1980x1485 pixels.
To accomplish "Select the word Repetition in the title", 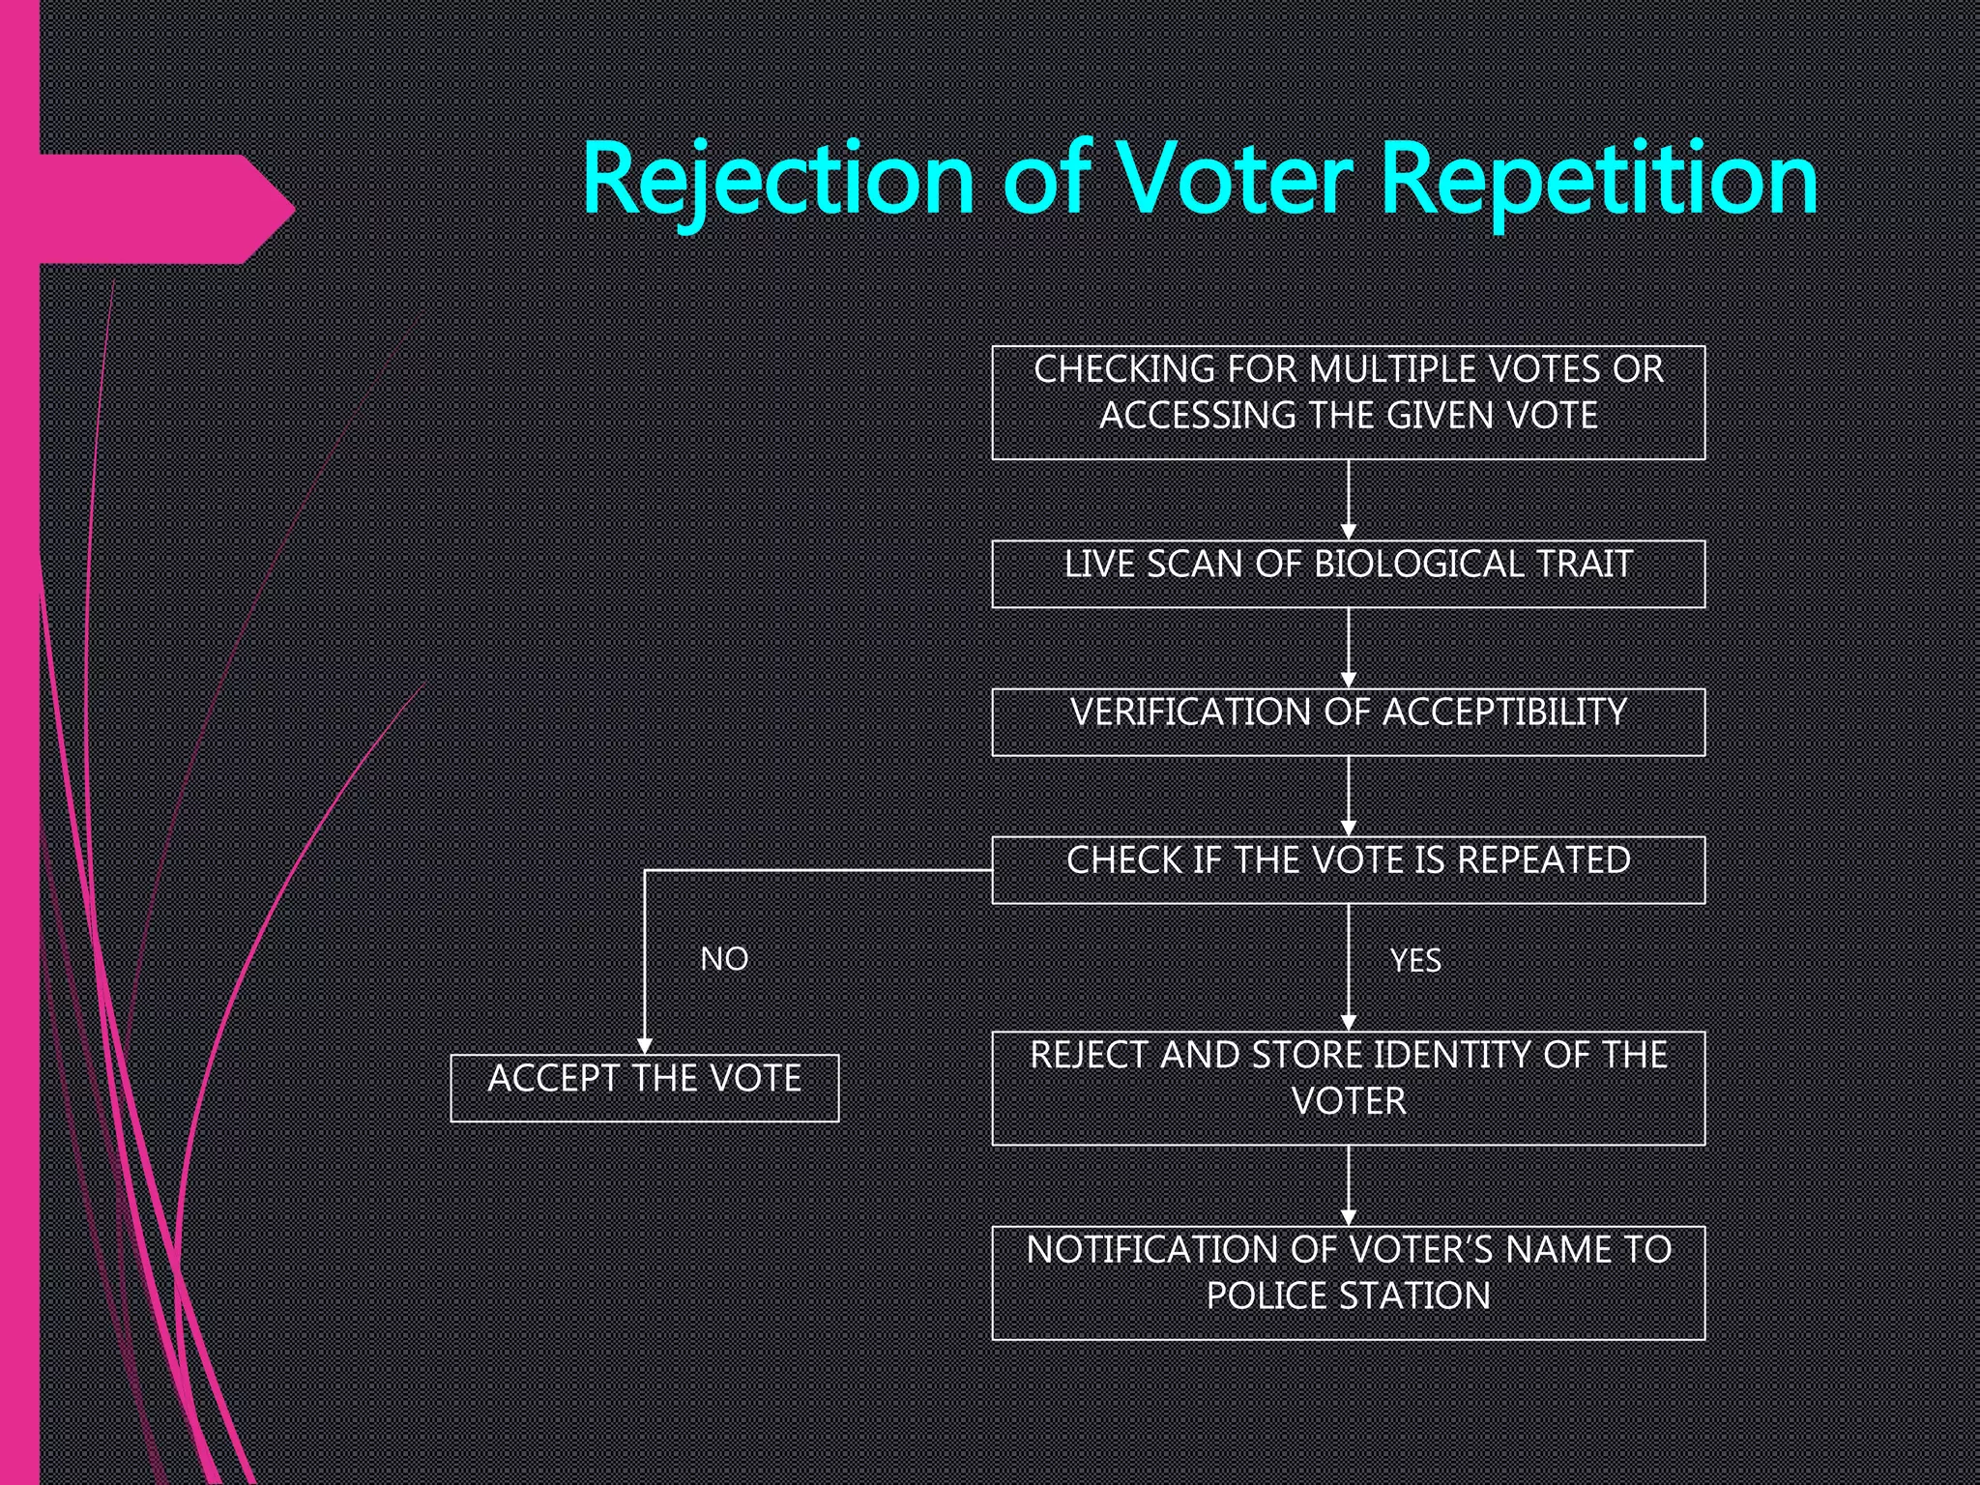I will click(1598, 180).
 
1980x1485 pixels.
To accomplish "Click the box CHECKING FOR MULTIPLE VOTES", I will click(1348, 402).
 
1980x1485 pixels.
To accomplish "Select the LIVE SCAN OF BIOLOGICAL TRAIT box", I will click(1348, 573).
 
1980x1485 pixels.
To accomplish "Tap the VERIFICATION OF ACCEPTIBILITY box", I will click(1348, 721).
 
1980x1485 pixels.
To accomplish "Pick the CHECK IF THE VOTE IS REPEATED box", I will click(1348, 869).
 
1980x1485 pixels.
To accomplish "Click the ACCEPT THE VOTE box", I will click(644, 1088).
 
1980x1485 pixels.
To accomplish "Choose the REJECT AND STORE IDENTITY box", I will click(1348, 1088).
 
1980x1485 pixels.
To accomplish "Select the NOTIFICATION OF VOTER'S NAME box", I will click(1348, 1282).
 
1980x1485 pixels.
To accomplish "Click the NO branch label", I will click(724, 959).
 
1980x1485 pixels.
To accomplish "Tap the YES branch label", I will click(1414, 960).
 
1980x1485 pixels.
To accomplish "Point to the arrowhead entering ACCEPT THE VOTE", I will click(645, 1046).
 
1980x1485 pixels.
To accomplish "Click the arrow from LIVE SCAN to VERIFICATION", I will click(1349, 648).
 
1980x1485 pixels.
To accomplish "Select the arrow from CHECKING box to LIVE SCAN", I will click(1349, 499).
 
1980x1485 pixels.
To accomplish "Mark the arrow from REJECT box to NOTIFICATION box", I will click(1349, 1185).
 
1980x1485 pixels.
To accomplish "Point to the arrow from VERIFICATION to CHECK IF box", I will click(1349, 796).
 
